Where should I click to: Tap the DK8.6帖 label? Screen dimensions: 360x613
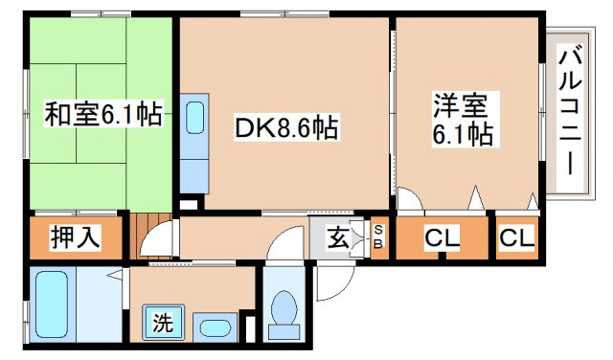(286, 126)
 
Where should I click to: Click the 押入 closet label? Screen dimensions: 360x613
(76, 236)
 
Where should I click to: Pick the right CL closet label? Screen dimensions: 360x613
(517, 237)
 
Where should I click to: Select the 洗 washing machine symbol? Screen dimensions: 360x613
(164, 322)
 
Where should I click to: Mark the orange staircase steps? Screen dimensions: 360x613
(140, 235)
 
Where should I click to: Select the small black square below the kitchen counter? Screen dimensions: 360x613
(188, 203)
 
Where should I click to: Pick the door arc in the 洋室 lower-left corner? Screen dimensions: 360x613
(410, 201)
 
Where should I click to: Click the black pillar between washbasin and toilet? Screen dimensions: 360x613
(251, 326)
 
